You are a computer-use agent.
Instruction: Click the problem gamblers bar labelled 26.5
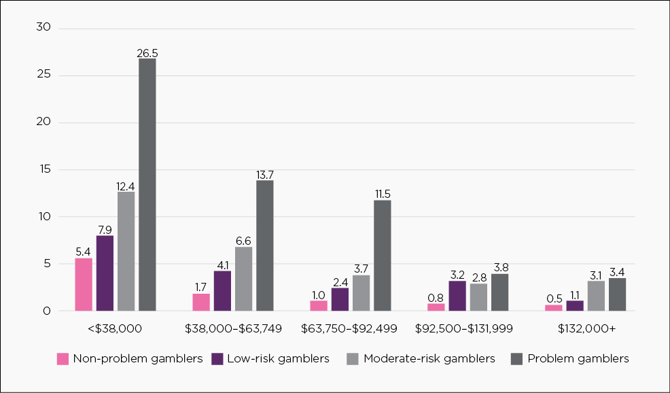click(147, 185)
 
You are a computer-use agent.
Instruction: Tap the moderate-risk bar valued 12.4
click(126, 251)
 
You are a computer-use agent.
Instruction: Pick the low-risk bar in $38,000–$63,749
click(222, 290)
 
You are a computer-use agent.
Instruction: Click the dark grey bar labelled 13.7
click(264, 245)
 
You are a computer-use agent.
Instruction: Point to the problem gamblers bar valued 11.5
click(383, 255)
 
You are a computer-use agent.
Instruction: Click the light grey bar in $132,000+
click(596, 296)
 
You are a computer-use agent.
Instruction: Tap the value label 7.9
click(105, 229)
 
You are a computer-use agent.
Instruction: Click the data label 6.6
click(243, 241)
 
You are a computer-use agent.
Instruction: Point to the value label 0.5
click(554, 298)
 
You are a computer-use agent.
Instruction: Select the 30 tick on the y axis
click(46, 28)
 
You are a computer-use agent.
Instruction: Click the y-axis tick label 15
click(46, 169)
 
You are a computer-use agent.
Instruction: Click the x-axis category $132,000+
click(586, 329)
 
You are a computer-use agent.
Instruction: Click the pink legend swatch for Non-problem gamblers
click(63, 358)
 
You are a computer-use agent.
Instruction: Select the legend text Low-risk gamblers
click(279, 358)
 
